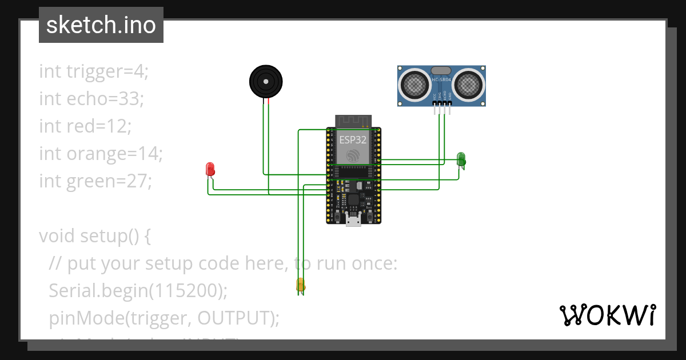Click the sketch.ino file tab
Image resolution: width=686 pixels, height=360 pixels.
101,25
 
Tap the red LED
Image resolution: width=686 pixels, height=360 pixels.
210,169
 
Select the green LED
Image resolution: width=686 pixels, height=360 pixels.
461,158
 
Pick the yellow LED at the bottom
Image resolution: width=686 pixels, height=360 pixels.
300,284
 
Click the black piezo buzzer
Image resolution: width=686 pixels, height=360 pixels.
266,82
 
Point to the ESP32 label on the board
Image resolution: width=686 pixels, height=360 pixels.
353,139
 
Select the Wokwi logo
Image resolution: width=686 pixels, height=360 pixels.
607,315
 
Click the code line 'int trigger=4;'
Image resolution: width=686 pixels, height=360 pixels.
94,71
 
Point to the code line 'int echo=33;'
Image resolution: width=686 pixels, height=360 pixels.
91,99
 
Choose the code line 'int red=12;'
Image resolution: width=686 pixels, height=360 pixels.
85,126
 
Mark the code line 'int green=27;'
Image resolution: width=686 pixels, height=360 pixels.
95,181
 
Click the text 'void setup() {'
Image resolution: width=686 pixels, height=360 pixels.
95,236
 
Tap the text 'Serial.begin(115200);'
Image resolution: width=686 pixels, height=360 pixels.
138,291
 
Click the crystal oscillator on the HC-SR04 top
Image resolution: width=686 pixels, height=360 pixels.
441,70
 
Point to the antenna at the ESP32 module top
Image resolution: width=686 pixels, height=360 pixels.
353,121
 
